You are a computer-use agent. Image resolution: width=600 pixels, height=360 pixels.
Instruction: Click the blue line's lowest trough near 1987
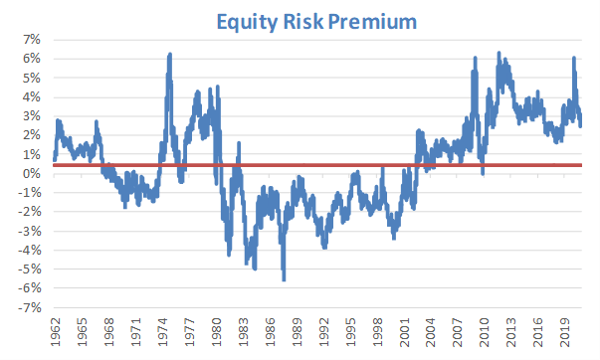click(x=285, y=279)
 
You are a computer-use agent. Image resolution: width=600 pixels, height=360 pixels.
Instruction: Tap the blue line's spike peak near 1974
click(x=170, y=54)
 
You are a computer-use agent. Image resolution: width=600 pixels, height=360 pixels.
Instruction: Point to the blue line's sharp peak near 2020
click(x=574, y=59)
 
